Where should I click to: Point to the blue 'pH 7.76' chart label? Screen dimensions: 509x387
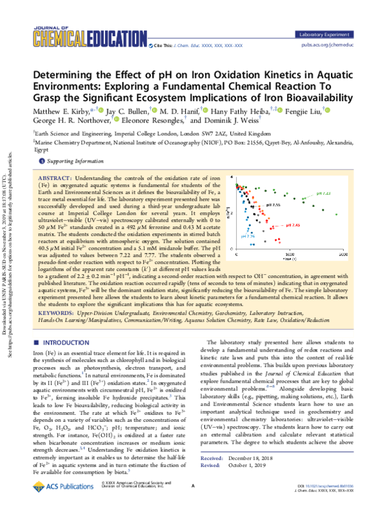tap(248, 237)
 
